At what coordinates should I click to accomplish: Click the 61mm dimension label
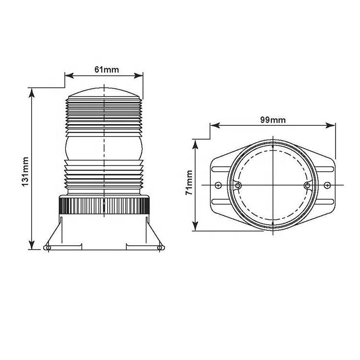tap(107, 69)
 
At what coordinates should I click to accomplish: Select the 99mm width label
tap(273, 120)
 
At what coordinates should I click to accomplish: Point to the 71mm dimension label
tap(189, 183)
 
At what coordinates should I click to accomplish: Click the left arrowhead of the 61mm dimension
tap(69, 75)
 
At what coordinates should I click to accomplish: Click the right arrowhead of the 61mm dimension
tap(138, 75)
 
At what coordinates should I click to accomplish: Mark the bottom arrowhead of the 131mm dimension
tap(32, 244)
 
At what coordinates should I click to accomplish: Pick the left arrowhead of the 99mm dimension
tap(215, 125)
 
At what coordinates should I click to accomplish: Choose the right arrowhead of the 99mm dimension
tap(331, 125)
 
